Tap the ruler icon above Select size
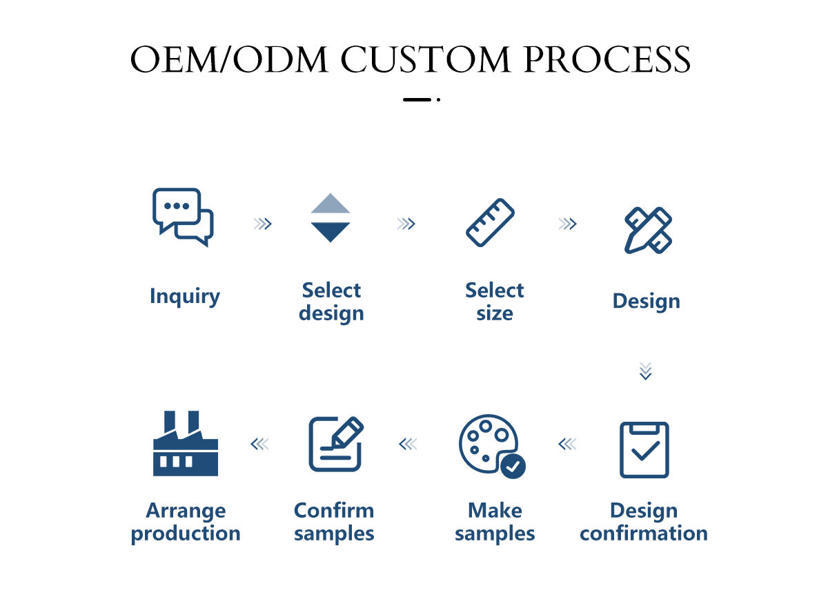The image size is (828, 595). [x=491, y=222]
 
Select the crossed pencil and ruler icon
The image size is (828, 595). [x=648, y=230]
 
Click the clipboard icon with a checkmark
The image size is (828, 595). [x=644, y=449]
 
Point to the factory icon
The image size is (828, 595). [x=185, y=445]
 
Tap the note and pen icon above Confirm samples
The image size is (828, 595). [x=335, y=444]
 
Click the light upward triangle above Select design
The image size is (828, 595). [x=331, y=204]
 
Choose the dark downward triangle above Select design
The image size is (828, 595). [x=331, y=232]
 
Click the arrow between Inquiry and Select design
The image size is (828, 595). [x=262, y=224]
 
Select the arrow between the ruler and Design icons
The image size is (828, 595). [x=567, y=224]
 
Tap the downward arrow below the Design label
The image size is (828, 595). [x=645, y=371]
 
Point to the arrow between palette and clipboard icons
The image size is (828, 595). [x=567, y=444]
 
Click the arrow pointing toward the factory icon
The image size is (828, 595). [x=259, y=444]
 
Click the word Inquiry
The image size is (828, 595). [x=185, y=296]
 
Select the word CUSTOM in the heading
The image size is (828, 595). [x=425, y=60]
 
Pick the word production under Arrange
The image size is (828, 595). [x=186, y=534]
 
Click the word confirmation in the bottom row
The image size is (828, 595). [x=644, y=534]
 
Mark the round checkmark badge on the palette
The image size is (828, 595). [x=513, y=466]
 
